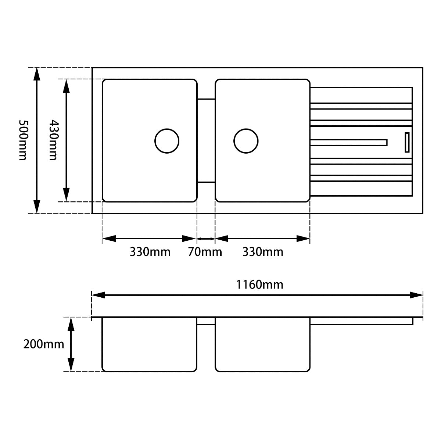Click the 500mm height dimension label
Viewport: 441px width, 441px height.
[x=23, y=140]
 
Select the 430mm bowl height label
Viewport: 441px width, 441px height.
[x=53, y=140]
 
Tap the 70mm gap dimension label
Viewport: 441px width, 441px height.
[x=205, y=252]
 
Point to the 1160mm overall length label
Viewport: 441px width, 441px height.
[x=259, y=284]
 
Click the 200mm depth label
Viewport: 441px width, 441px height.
[x=43, y=344]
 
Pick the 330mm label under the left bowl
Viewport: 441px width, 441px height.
[x=150, y=252]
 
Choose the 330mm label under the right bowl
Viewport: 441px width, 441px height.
[x=263, y=252]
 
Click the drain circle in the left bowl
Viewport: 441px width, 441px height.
[x=167, y=141]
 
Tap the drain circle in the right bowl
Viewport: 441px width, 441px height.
[x=246, y=141]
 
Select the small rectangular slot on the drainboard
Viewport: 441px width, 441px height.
[x=407, y=142]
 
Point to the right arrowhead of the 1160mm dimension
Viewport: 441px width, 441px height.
[x=417, y=295]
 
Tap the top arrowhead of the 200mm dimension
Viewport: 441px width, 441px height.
[x=71, y=323]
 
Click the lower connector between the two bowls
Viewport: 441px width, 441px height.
[x=206, y=182]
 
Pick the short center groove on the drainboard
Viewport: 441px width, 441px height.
[x=349, y=142]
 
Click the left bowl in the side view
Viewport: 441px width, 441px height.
[x=149, y=344]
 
